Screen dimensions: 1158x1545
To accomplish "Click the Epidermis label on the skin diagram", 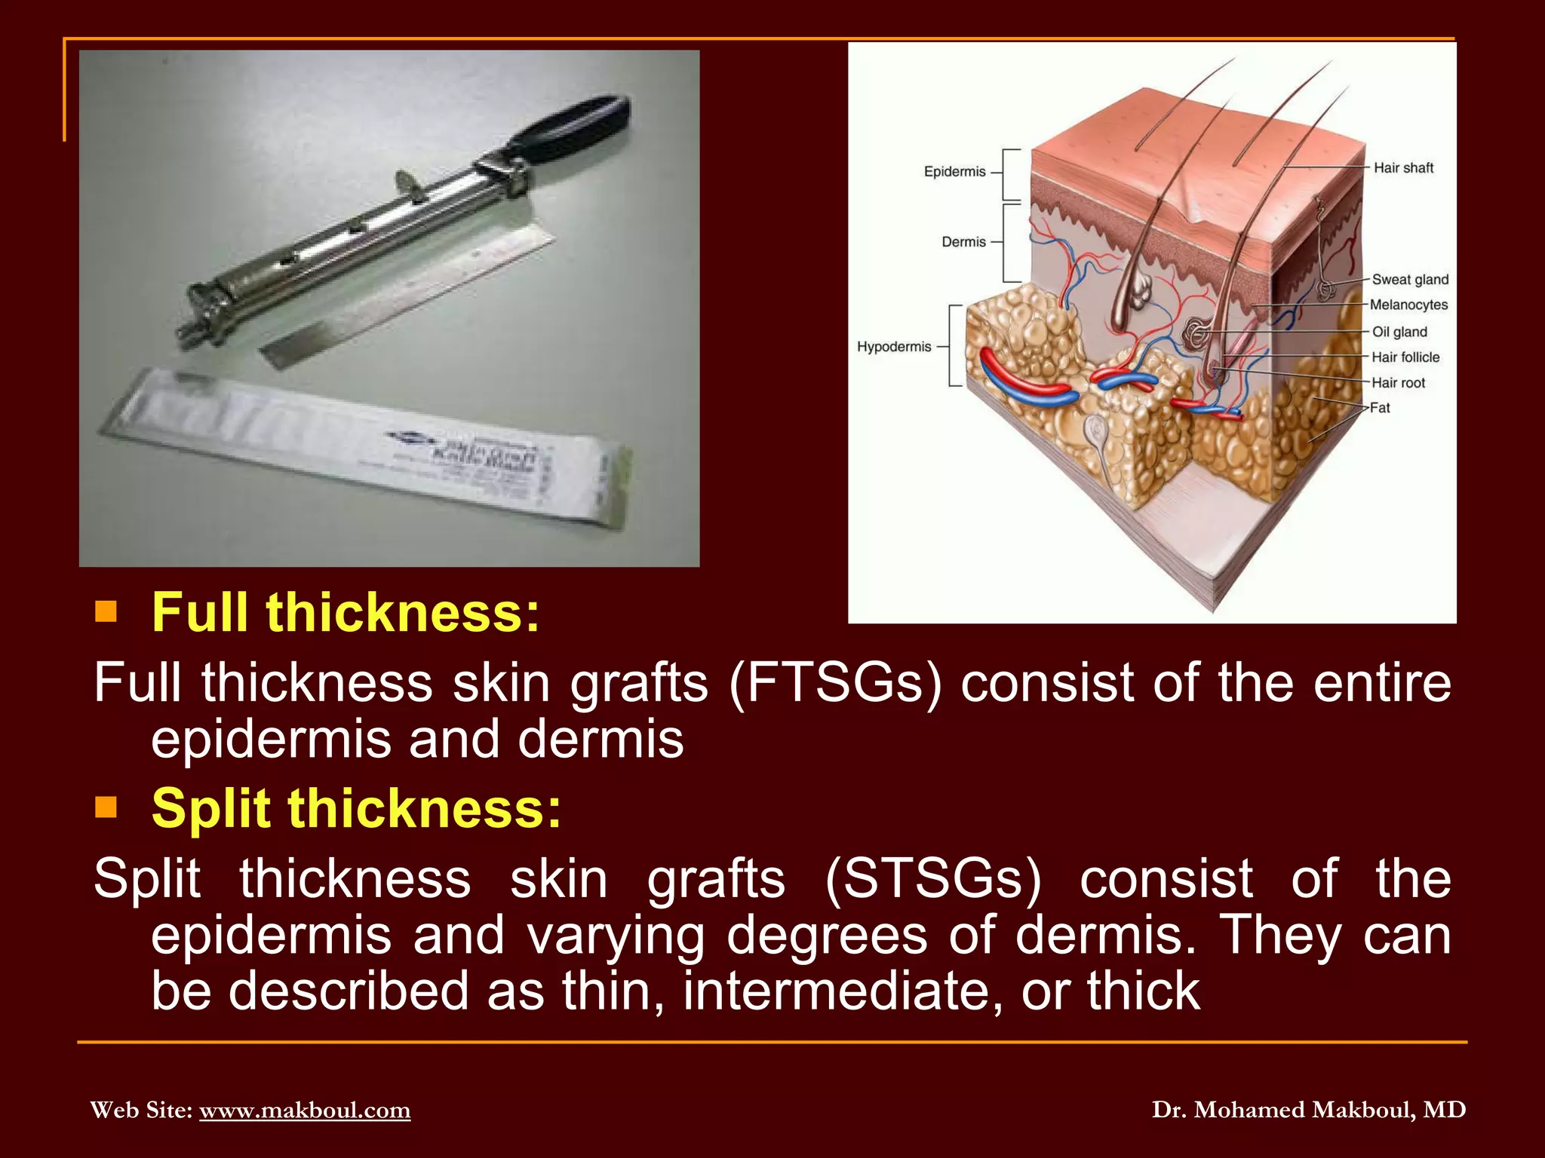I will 954,172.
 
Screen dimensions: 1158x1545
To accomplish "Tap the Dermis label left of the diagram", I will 963,242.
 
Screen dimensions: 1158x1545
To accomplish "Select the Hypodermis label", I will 894,347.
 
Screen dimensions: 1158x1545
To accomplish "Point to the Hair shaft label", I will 1403,168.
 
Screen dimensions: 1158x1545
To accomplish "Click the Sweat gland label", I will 1410,280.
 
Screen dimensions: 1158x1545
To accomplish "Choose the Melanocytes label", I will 1408,305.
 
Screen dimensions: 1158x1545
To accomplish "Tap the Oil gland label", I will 1399,332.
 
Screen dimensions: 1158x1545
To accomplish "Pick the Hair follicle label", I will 1405,357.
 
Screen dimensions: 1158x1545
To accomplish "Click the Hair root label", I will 1398,383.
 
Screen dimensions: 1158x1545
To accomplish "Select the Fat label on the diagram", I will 1380,408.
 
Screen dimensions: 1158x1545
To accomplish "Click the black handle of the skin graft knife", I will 573,128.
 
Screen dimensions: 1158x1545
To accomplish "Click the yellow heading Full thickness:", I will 346,612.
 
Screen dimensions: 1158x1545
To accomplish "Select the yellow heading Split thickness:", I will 357,808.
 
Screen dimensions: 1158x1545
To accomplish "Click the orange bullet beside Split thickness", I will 106,807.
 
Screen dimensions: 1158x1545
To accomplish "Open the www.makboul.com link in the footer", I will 305,1110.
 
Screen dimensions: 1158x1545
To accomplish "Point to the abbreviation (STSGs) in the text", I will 932,879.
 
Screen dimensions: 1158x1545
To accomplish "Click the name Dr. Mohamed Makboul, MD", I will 1309,1110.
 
